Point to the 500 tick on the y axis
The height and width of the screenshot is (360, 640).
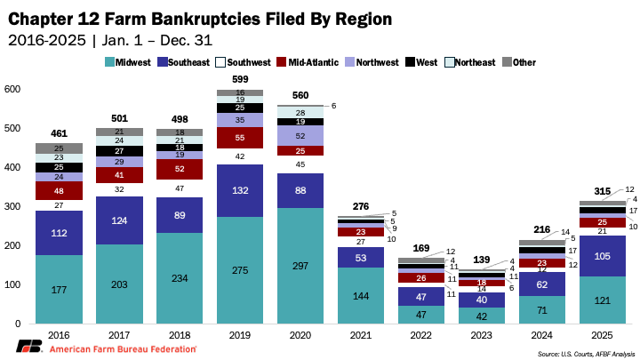point(13,128)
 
